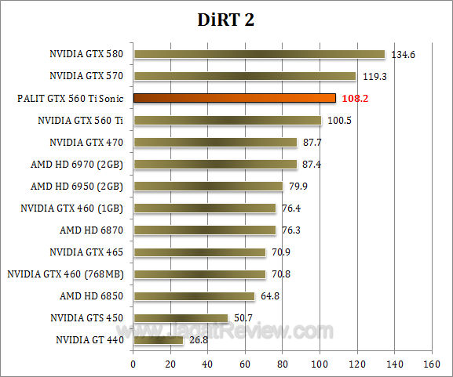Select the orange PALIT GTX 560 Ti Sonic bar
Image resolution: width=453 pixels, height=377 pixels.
[234, 99]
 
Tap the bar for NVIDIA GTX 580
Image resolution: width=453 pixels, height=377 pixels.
[259, 55]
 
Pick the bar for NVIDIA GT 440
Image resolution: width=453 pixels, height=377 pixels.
[158, 340]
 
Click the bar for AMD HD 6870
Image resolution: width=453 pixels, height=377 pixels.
[204, 230]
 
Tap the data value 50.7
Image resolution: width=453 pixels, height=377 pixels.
[243, 318]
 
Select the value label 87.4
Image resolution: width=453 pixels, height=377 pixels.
[312, 165]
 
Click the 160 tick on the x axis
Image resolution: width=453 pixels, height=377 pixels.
[431, 364]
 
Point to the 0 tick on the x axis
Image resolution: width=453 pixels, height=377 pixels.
[133, 364]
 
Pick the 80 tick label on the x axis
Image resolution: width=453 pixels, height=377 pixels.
[283, 364]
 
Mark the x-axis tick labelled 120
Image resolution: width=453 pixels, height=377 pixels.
[356, 364]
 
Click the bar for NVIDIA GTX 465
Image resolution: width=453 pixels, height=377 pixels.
[199, 252]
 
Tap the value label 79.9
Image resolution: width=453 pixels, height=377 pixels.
[298, 187]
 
